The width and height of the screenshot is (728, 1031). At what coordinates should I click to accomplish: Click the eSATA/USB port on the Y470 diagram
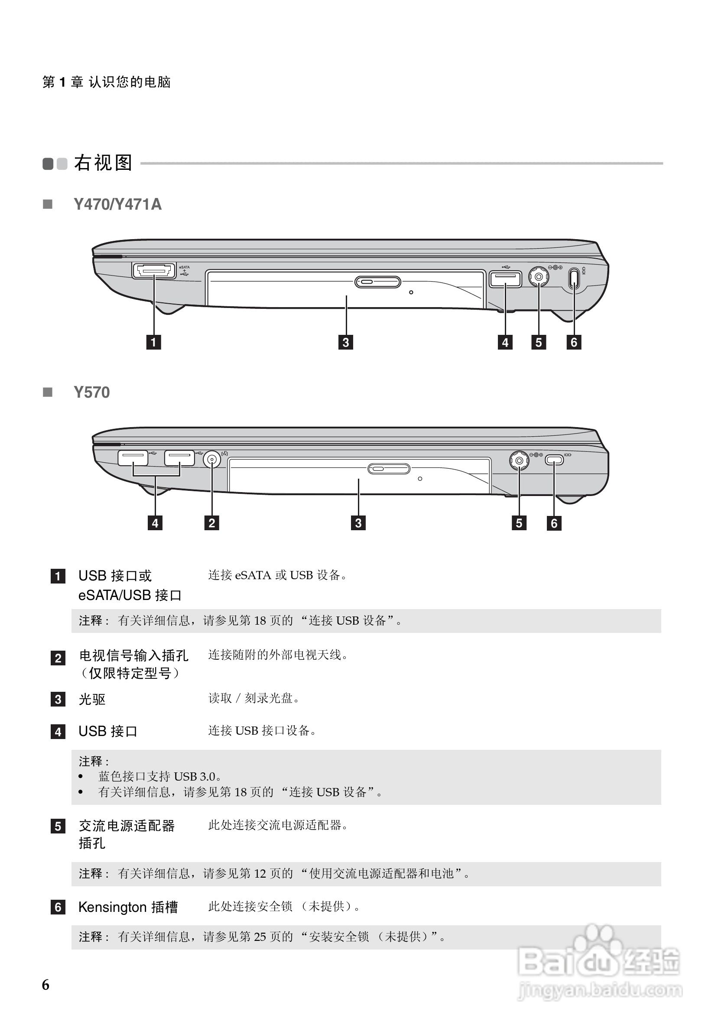click(153, 271)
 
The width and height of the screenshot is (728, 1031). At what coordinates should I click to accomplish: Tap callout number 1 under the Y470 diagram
click(153, 342)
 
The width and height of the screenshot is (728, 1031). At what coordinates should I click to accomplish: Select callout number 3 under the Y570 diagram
click(358, 523)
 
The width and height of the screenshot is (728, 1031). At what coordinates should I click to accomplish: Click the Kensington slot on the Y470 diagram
click(575, 279)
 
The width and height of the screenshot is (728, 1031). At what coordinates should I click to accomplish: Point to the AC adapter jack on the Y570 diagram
click(519, 460)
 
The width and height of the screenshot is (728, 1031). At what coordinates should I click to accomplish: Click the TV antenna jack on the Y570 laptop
click(212, 459)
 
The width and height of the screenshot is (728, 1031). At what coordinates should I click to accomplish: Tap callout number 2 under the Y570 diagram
click(211, 523)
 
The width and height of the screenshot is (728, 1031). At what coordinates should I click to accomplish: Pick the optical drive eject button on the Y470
click(378, 282)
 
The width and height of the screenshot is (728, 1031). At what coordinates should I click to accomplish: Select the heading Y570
click(91, 392)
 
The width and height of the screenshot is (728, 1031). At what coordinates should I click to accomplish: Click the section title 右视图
click(103, 162)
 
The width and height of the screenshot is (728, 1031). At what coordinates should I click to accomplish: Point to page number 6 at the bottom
click(46, 985)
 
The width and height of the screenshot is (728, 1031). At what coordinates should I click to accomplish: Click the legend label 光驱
click(92, 699)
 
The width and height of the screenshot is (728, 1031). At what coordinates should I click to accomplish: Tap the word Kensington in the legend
click(112, 907)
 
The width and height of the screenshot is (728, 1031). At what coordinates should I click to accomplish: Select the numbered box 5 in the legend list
click(58, 826)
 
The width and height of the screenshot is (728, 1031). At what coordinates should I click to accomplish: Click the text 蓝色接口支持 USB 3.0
click(159, 776)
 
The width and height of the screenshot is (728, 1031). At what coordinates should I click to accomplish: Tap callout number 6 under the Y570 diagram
click(554, 523)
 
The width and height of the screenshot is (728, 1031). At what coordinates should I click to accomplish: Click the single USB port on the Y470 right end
click(505, 279)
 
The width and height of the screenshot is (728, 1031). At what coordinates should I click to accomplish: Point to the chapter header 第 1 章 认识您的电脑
click(107, 82)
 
